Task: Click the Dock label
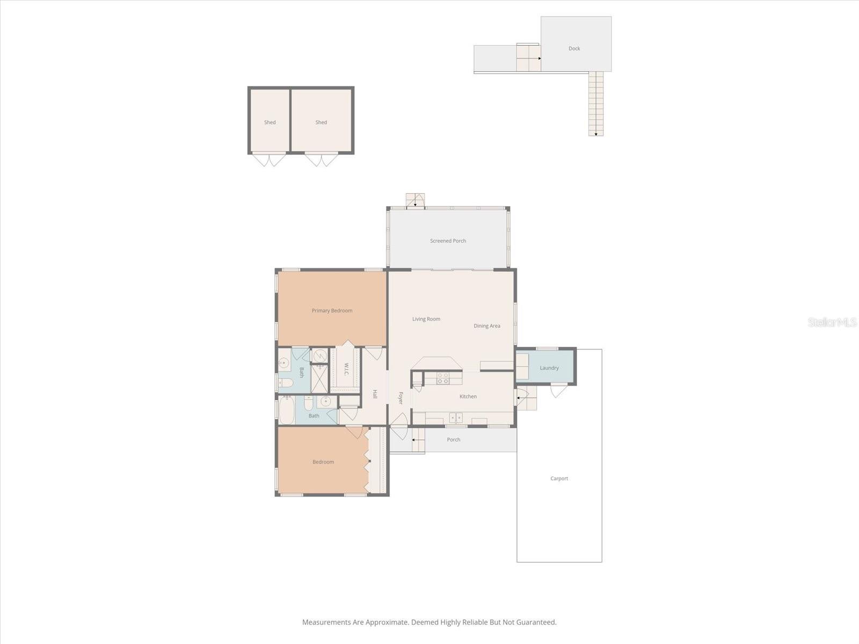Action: tap(574, 48)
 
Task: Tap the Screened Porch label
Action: tap(448, 241)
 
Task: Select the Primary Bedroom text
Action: tap(332, 311)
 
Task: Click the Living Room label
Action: tap(426, 319)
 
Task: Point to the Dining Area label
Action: tap(487, 326)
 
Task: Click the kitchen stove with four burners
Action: tap(443, 378)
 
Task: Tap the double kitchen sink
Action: tap(456, 418)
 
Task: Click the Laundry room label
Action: tap(549, 368)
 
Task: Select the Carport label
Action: tap(559, 479)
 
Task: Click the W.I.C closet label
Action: tap(346, 369)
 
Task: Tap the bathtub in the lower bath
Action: tap(287, 411)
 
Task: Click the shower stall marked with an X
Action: tap(319, 379)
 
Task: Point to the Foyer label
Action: tap(401, 398)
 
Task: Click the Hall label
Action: tap(375, 394)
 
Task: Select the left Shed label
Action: tap(270, 122)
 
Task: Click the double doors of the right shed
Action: tap(321, 159)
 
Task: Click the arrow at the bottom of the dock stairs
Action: tap(596, 134)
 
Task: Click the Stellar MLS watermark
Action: tap(832, 322)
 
